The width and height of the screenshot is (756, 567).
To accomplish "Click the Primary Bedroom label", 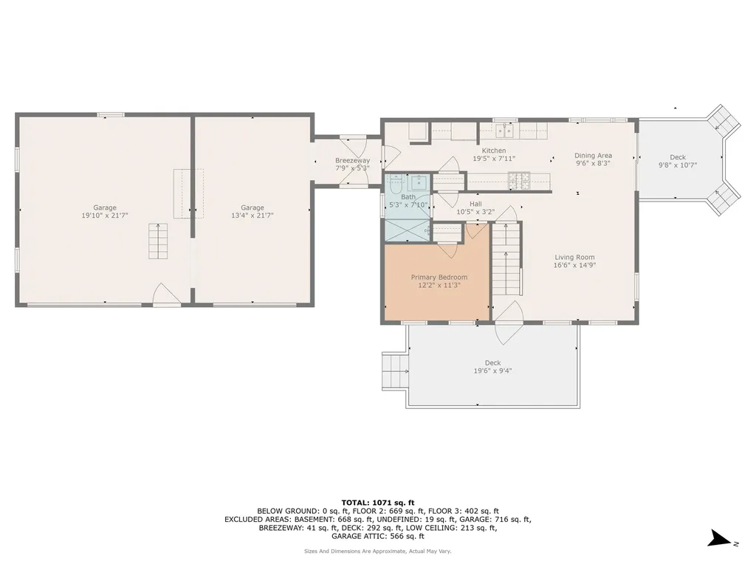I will click(x=439, y=277).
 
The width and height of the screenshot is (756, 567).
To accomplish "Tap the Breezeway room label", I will click(x=352, y=160).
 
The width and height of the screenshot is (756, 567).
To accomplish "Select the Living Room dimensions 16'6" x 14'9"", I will click(x=574, y=265).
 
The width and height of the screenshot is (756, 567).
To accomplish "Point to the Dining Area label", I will click(x=593, y=155).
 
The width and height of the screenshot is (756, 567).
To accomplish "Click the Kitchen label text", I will click(x=494, y=151).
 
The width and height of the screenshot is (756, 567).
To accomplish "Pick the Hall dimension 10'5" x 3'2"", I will click(x=475, y=211).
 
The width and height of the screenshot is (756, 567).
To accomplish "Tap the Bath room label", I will click(x=408, y=196).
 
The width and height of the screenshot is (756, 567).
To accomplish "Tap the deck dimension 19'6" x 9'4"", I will click(x=492, y=371).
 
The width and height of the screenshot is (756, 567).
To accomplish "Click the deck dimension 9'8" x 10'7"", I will click(x=677, y=165).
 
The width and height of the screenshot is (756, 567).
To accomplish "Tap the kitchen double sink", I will click(x=505, y=131).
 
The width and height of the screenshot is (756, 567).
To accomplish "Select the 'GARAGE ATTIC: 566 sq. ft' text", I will click(x=377, y=537).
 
